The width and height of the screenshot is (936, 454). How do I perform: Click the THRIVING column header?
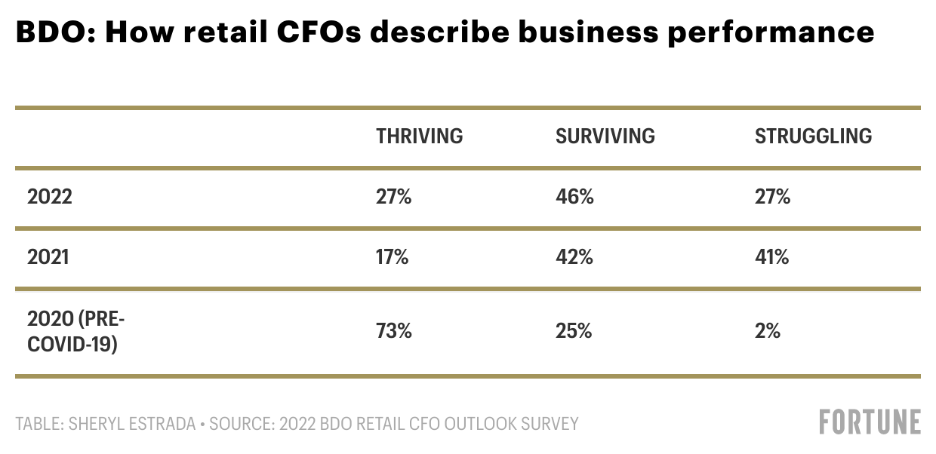click(419, 137)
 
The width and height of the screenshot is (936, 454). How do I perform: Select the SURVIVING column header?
click(605, 137)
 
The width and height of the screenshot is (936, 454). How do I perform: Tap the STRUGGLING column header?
click(813, 137)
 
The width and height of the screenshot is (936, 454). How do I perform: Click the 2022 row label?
click(50, 198)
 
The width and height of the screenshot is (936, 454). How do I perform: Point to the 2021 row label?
click(48, 257)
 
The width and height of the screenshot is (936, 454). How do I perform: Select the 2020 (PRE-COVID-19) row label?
click(75, 331)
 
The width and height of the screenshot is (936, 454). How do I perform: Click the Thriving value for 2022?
click(394, 198)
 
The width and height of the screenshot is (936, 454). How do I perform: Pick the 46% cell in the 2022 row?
click(574, 198)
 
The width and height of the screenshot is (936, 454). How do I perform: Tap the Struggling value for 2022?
click(772, 198)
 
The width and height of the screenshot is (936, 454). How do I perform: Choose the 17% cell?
click(393, 257)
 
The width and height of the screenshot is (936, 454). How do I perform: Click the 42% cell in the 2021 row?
click(574, 257)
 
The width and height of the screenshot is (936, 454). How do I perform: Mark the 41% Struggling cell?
click(771, 257)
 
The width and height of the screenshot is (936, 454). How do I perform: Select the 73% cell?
click(394, 330)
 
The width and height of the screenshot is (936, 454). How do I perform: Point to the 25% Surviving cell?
click(574, 330)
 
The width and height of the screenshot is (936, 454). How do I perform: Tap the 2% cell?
click(767, 330)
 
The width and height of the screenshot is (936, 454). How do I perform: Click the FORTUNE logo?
click(870, 422)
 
